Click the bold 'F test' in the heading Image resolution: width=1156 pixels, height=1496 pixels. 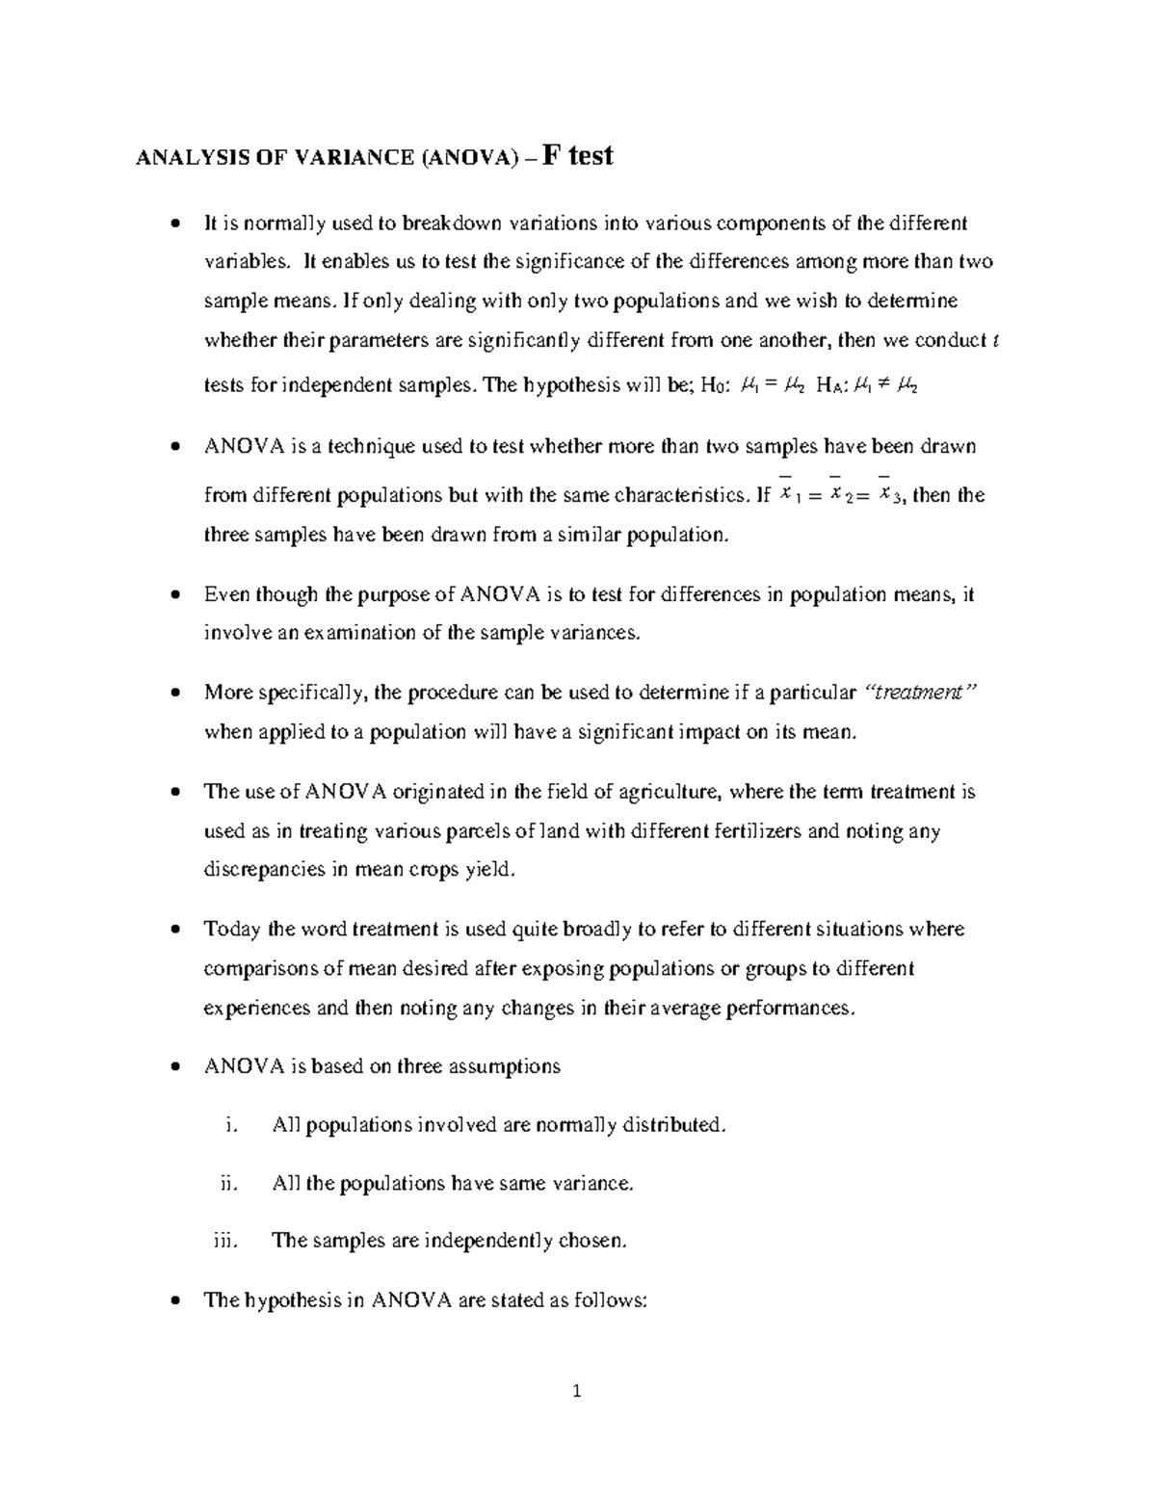pos(578,155)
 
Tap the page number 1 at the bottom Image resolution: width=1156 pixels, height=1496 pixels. pos(577,1391)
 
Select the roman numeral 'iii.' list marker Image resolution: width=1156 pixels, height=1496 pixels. pos(223,1241)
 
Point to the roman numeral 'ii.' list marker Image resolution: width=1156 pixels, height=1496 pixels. pos(227,1183)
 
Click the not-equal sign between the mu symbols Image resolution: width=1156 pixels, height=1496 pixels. pos(884,386)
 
